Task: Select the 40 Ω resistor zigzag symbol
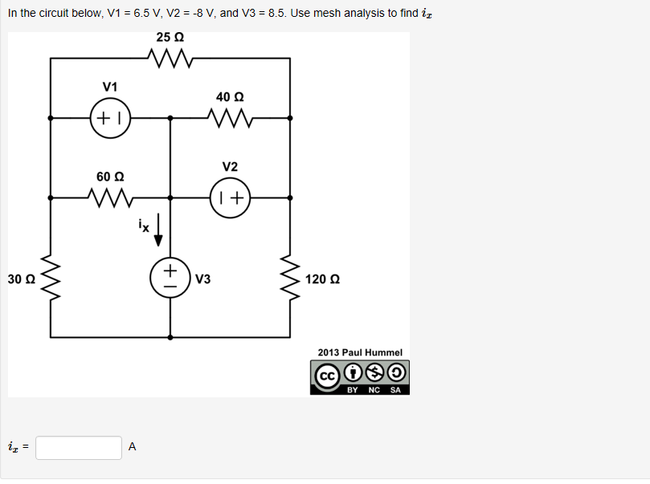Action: click(230, 118)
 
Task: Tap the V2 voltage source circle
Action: click(230, 198)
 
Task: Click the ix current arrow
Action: click(158, 229)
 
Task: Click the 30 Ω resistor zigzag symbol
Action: click(51, 279)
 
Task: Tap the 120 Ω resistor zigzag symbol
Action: click(290, 279)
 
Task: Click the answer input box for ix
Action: click(79, 448)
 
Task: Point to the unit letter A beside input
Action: click(133, 448)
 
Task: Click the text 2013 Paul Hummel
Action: click(360, 352)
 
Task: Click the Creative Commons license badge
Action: click(360, 377)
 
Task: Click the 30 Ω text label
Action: click(21, 279)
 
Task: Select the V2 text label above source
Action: click(230, 167)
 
